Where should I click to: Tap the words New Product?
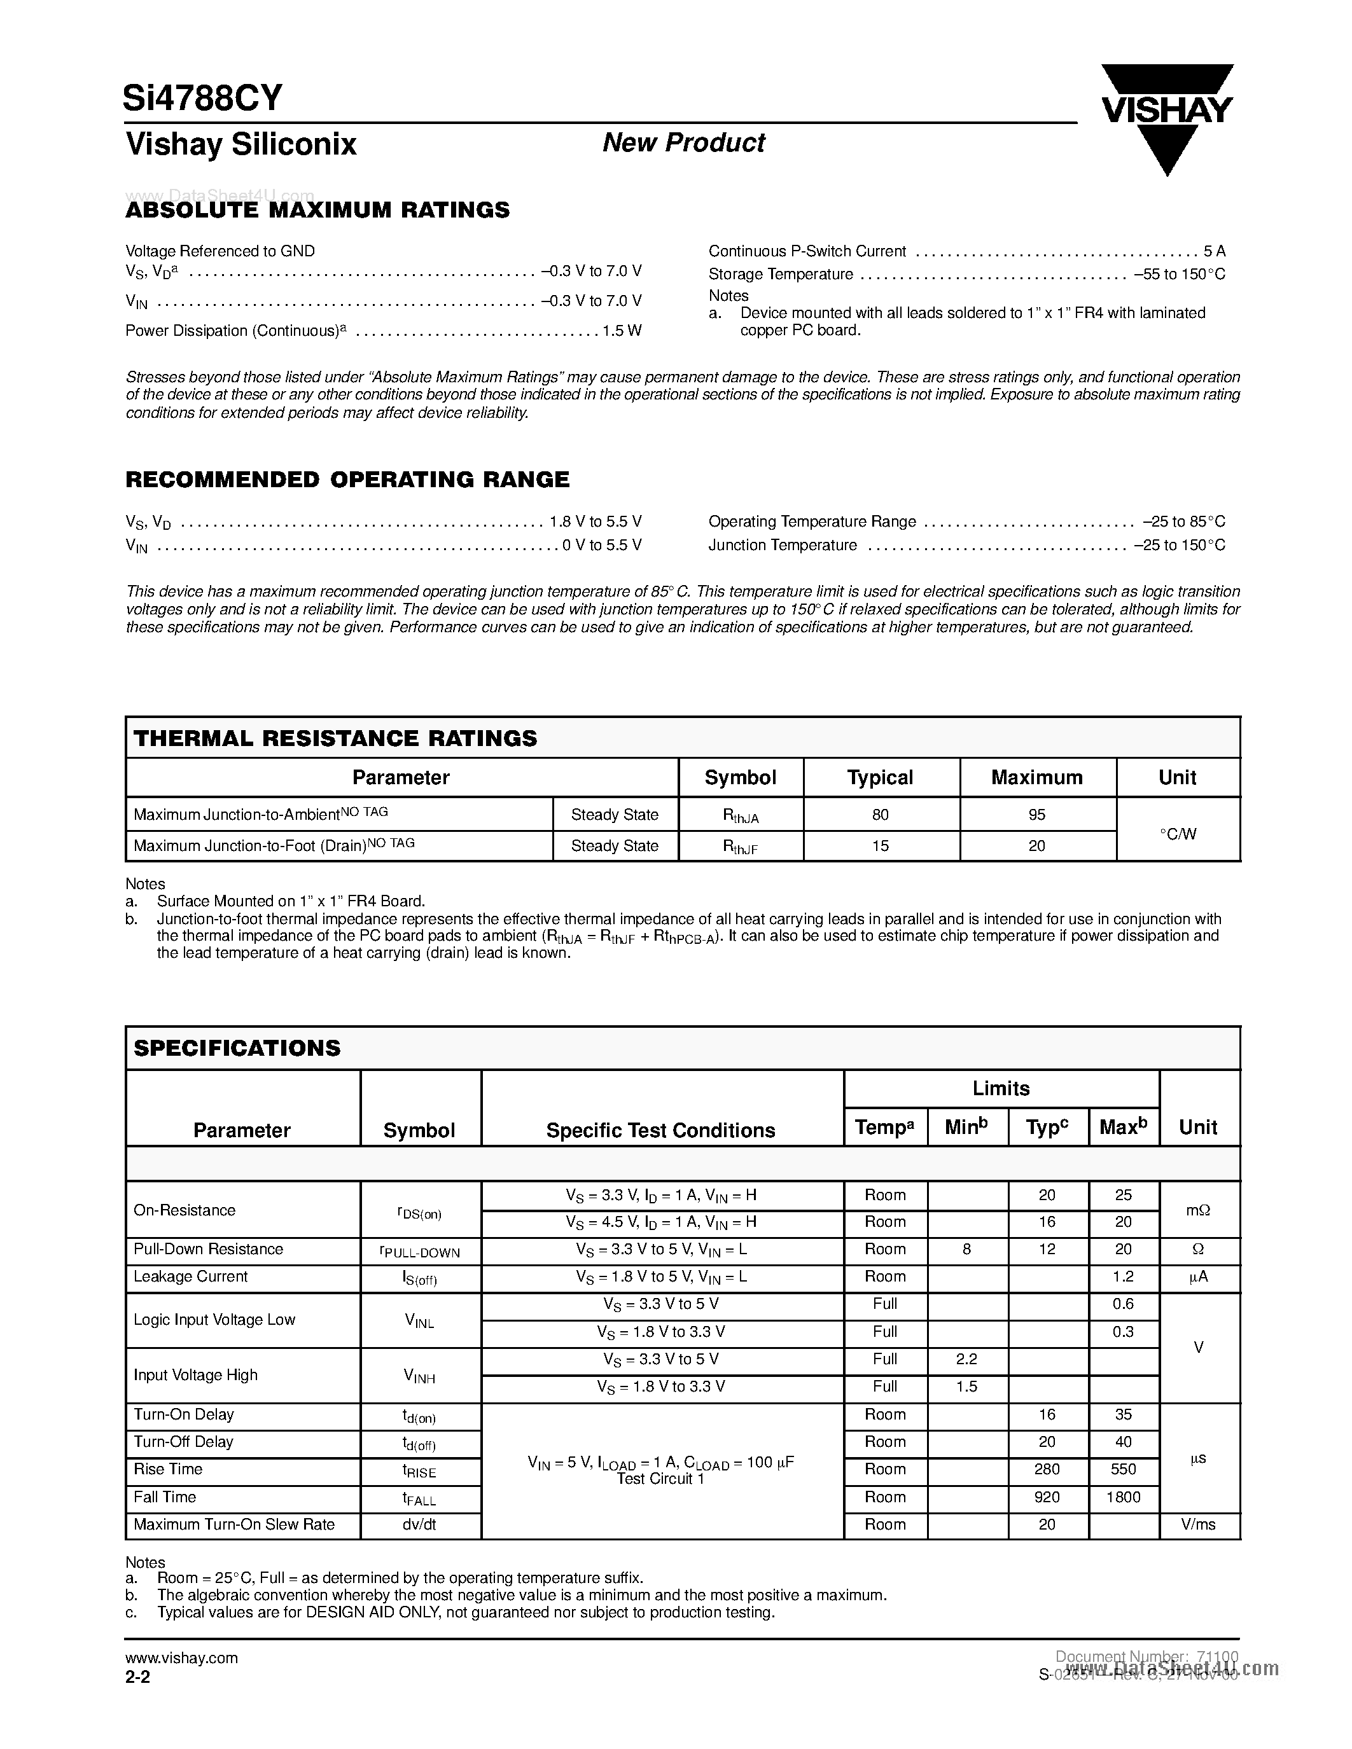click(683, 142)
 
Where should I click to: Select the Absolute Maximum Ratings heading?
click(317, 210)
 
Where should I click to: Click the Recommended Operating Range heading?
click(347, 479)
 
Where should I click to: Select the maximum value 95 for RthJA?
click(1036, 815)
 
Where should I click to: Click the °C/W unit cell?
click(1178, 834)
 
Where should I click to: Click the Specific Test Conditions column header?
click(661, 1130)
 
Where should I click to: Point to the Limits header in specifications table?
click(1000, 1088)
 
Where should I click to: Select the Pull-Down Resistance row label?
click(208, 1248)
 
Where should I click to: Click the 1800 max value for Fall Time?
click(1123, 1497)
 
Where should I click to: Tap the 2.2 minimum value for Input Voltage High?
click(966, 1359)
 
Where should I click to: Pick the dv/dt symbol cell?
click(419, 1524)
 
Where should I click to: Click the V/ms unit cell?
click(1198, 1524)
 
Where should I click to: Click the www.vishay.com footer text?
click(181, 1657)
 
